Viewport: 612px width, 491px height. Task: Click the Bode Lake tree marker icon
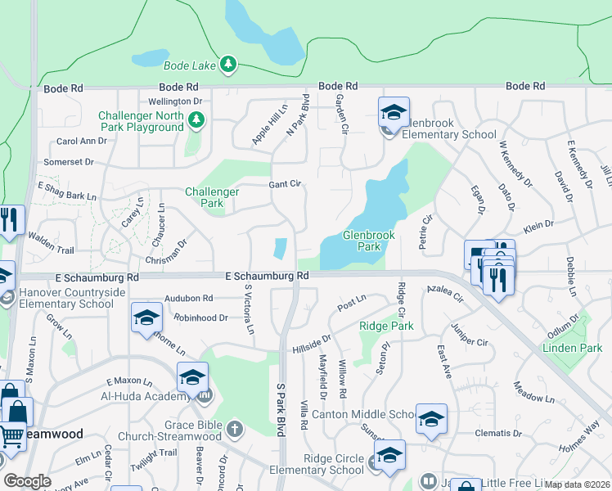pos(229,63)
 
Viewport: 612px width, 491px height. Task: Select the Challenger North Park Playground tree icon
pos(196,121)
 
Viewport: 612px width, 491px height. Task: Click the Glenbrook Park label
pos(368,241)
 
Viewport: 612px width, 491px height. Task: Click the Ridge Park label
pos(386,326)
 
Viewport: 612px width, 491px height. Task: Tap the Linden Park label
pos(572,348)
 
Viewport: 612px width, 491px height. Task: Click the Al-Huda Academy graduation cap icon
pos(192,378)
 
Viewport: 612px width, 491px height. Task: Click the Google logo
pos(28,481)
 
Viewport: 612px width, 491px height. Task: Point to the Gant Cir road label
pos(286,184)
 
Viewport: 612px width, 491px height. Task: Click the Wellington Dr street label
pos(175,101)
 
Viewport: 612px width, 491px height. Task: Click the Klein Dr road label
pos(538,224)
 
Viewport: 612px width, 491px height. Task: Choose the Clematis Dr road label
pos(500,433)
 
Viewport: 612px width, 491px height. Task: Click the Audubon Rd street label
pos(188,299)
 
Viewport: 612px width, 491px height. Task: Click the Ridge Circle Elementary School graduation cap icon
pos(390,456)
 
